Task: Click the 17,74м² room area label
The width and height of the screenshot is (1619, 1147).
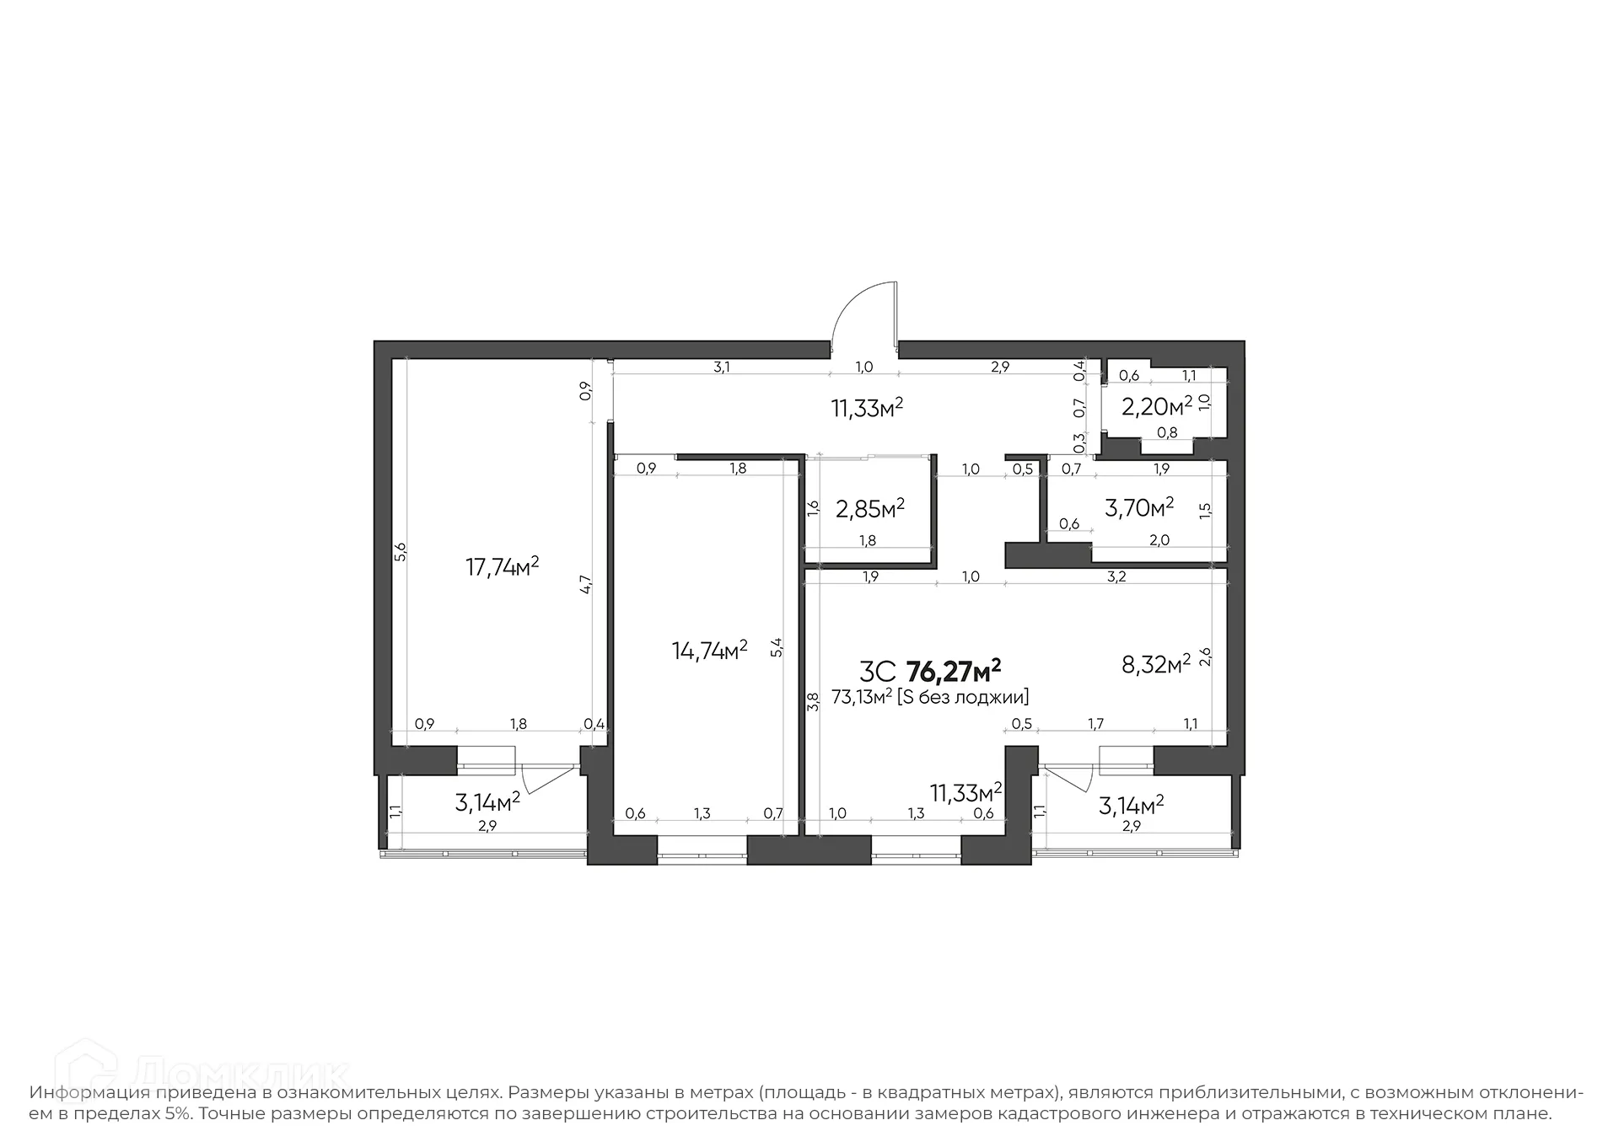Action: point(502,566)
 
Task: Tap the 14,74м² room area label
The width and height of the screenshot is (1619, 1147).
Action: point(709,650)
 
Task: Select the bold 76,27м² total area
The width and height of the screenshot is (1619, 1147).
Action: point(953,671)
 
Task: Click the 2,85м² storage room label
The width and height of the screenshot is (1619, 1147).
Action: point(869,508)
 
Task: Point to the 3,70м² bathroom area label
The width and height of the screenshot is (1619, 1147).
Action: point(1138,507)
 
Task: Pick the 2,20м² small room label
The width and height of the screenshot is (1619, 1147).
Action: point(1156,407)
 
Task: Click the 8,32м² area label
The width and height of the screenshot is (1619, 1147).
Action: point(1155,664)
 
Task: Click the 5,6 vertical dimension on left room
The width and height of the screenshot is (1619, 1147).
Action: point(401,552)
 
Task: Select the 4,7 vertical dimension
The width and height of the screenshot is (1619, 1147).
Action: point(586,584)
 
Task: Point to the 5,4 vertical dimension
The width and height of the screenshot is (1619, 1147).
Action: point(777,647)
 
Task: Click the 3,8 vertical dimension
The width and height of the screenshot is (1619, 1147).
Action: point(812,700)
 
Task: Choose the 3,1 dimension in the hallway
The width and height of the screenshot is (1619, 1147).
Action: point(721,367)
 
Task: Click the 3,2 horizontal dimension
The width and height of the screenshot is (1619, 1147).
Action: point(1116,577)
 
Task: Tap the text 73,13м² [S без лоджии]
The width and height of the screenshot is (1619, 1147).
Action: point(929,697)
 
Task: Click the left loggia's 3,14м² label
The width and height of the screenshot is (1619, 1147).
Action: point(487,802)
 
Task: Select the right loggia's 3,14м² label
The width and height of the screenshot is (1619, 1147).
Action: point(1131,805)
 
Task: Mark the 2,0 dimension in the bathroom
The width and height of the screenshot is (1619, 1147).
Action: point(1159,540)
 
